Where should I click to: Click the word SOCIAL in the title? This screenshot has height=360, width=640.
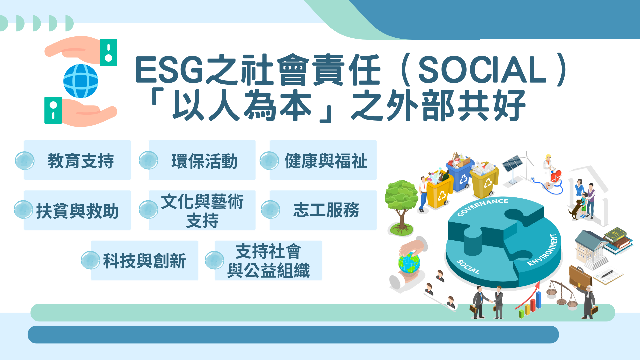click(x=482, y=69)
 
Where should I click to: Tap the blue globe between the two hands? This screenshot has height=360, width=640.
click(x=81, y=81)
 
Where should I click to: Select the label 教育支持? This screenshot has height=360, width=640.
click(x=81, y=161)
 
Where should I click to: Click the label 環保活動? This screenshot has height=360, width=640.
click(x=204, y=161)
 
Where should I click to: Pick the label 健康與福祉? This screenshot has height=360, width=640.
click(x=326, y=161)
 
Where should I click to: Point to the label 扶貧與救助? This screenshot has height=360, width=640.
click(x=77, y=211)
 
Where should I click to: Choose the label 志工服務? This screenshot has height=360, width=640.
click(x=326, y=210)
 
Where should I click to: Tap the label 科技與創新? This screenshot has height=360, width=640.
click(x=144, y=261)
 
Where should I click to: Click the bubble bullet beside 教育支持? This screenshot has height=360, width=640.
click(x=25, y=161)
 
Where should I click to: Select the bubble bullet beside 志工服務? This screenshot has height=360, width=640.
click(x=270, y=210)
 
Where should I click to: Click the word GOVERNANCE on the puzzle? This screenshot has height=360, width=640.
click(x=483, y=207)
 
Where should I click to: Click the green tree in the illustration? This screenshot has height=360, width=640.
click(x=401, y=207)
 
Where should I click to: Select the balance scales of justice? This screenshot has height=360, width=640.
click(x=562, y=293)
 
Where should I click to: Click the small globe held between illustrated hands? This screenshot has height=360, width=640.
click(x=409, y=263)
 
